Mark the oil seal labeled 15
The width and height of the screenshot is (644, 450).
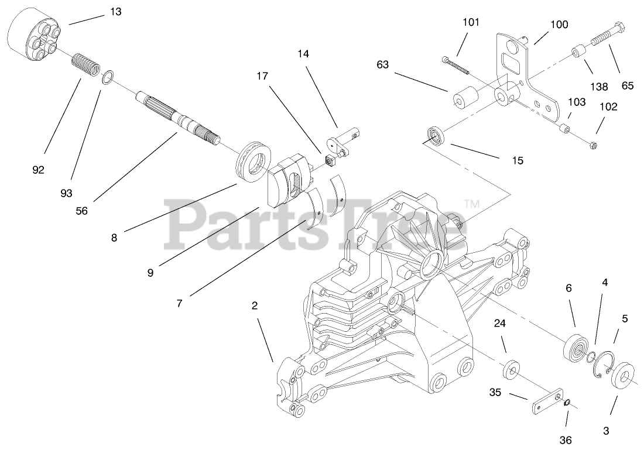(434, 135)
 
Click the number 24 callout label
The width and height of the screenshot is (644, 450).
(499, 323)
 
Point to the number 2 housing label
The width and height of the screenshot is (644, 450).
(254, 305)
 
